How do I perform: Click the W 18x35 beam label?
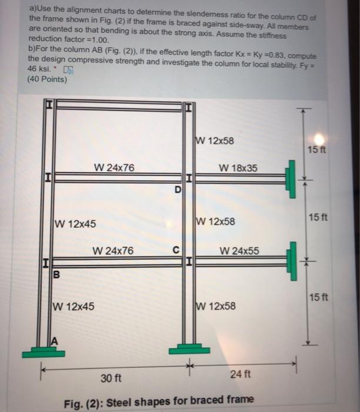point(238,168)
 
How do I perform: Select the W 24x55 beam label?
point(239,251)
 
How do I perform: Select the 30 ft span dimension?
point(111,377)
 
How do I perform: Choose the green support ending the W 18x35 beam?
point(290,176)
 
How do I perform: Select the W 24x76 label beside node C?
point(113,251)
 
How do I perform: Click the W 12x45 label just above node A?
point(74,306)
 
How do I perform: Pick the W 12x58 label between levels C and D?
point(216,222)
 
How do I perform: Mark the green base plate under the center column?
point(189,350)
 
